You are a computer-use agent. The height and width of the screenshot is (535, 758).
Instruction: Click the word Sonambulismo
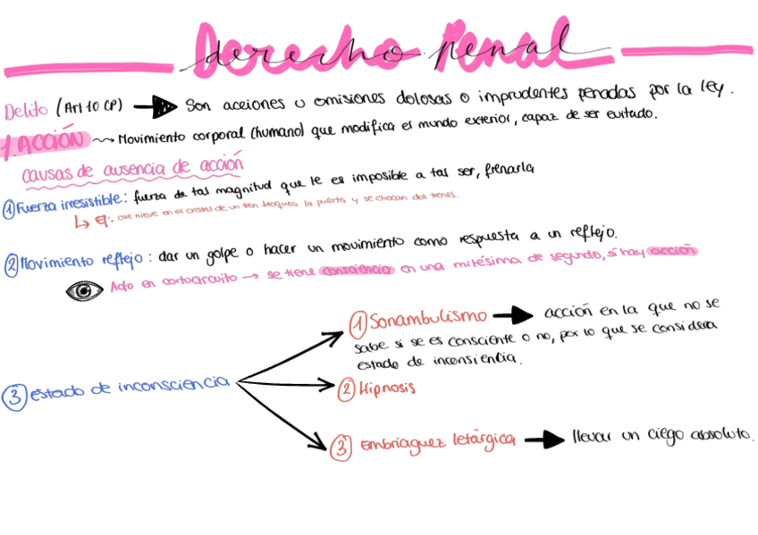tap(427, 318)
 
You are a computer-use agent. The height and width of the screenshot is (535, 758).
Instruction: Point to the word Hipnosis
tap(388, 389)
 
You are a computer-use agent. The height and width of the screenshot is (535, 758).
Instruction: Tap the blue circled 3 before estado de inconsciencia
tap(15, 397)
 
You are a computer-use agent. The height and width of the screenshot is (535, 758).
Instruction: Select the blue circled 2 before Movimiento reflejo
tap(11, 264)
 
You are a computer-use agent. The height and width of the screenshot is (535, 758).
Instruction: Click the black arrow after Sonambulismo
tap(510, 315)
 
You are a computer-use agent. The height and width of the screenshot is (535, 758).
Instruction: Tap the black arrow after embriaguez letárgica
tap(543, 439)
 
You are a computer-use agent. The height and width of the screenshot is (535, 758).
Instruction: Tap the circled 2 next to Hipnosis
tap(347, 389)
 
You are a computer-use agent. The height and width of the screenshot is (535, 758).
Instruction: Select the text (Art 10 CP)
tap(89, 107)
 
